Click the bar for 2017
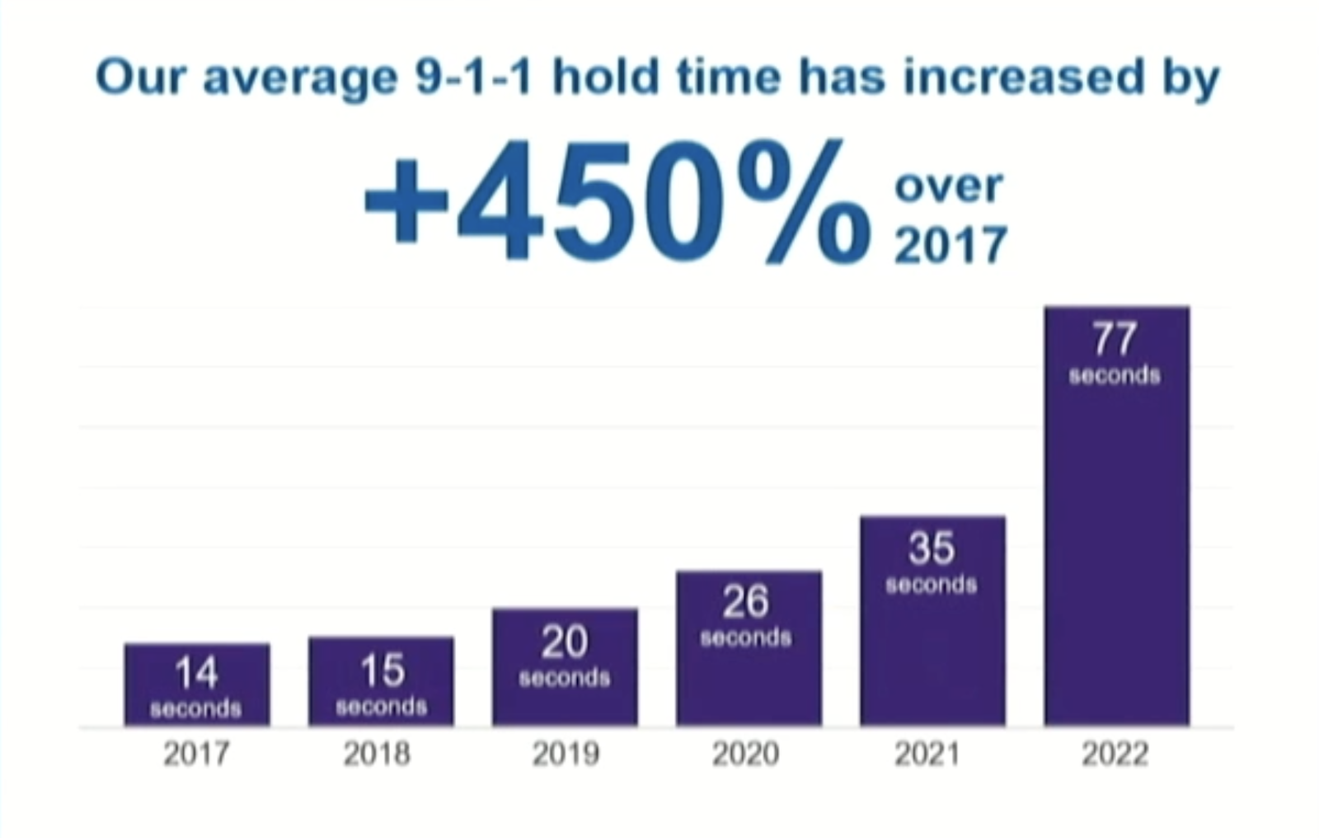[x=197, y=685]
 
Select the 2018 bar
[x=381, y=681]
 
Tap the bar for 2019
[x=565, y=667]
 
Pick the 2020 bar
[x=749, y=648]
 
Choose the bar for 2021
[x=932, y=621]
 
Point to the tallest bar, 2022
[x=1116, y=516]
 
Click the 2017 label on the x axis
[x=196, y=753]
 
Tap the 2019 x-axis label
[x=565, y=753]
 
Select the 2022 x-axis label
[x=1115, y=753]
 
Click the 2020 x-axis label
[x=745, y=753]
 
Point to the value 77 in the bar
[x=1115, y=339]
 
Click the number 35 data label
[x=932, y=548]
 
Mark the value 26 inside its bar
[x=746, y=601]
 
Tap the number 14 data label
[x=196, y=673]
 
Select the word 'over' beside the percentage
[x=949, y=186]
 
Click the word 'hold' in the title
[x=606, y=77]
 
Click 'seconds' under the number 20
[x=565, y=678]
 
